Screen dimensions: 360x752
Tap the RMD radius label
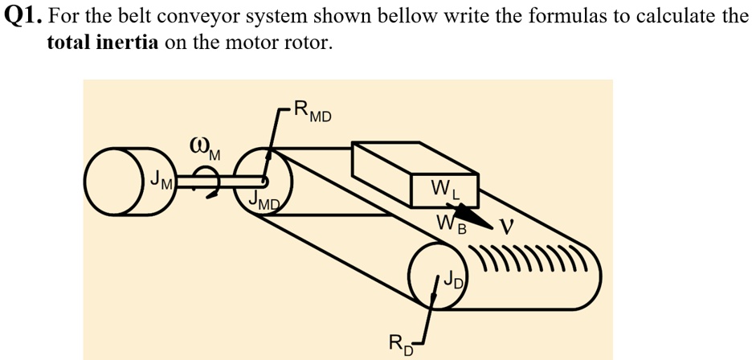[313, 110]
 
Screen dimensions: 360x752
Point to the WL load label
[447, 190]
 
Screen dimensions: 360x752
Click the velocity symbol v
[505, 227]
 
